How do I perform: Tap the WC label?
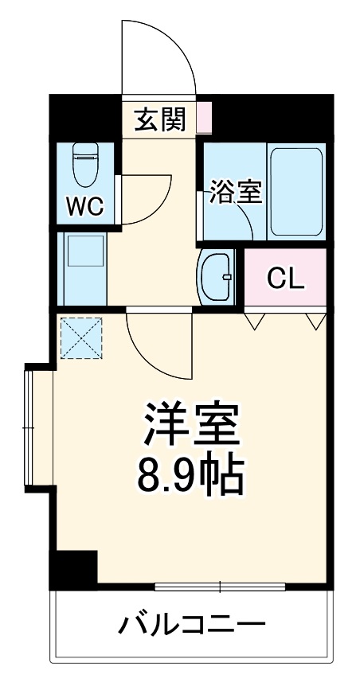coord(84,207)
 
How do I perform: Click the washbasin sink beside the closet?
coord(217,277)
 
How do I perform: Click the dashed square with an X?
coord(81,337)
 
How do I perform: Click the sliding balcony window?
coord(219,587)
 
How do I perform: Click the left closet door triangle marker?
coord(255,321)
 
